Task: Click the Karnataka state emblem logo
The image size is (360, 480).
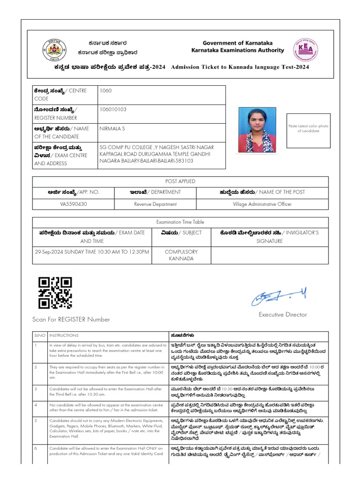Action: (55, 49)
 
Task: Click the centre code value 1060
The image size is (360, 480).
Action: (105, 90)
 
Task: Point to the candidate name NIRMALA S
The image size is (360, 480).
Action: (112, 128)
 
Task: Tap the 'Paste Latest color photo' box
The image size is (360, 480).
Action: (308, 128)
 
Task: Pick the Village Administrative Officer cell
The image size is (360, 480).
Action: (262, 204)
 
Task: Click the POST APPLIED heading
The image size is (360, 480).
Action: (180, 181)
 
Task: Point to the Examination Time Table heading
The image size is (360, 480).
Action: (180, 222)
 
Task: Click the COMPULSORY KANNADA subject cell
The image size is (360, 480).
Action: (181, 255)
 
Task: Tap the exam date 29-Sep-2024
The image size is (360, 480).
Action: (51, 252)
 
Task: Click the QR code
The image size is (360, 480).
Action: (55, 293)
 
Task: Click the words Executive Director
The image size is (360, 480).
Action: (283, 315)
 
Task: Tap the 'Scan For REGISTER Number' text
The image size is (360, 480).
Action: (71, 319)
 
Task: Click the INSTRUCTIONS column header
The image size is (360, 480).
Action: (61, 335)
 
